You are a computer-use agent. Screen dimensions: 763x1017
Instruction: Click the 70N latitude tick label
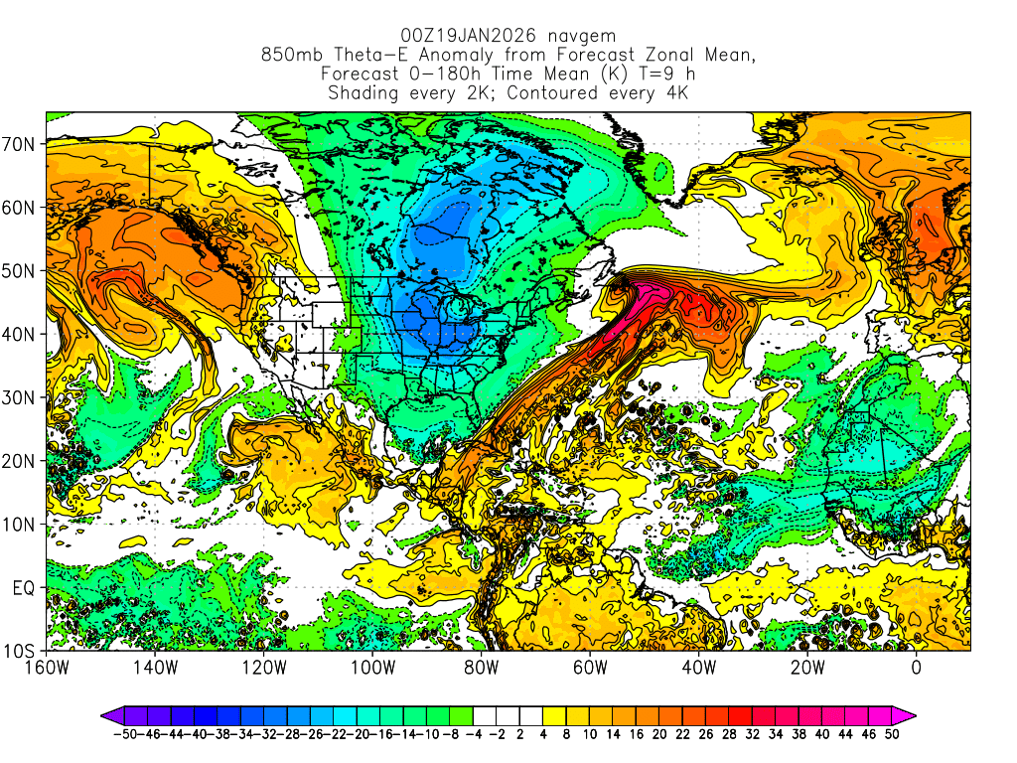pyautogui.click(x=21, y=144)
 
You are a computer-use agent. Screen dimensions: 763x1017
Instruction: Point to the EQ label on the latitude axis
pyautogui.click(x=24, y=588)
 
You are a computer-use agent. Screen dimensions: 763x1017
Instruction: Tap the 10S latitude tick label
pyautogui.click(x=21, y=651)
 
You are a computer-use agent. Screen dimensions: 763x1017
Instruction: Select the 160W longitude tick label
pyautogui.click(x=47, y=668)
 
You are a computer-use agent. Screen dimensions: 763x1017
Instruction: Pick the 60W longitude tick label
pyautogui.click(x=590, y=668)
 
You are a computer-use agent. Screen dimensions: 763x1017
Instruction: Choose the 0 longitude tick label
pyautogui.click(x=916, y=668)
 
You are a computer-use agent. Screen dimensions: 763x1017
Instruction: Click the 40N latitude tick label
pyautogui.click(x=21, y=334)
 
